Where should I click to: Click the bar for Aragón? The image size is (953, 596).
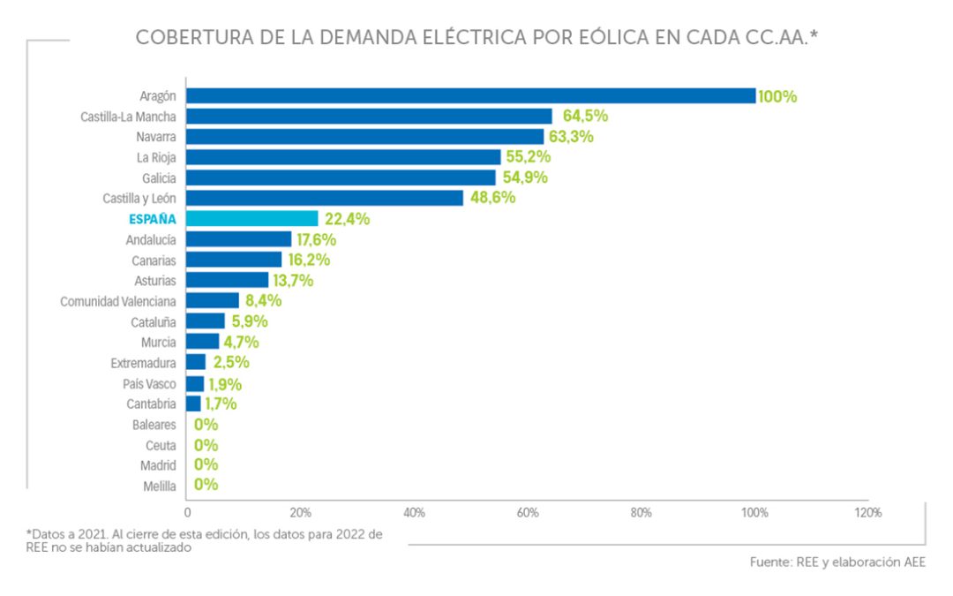point(470,95)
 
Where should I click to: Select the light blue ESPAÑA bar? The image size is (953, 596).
point(252,218)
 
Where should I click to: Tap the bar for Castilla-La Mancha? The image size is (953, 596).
point(369,116)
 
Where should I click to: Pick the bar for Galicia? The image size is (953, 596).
point(341,177)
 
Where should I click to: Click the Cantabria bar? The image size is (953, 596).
point(193,404)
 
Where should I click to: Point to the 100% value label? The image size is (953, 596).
point(777,96)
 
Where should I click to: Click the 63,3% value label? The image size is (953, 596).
point(571,137)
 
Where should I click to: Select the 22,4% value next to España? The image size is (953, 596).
point(346,219)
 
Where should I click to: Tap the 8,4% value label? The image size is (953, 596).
point(263,301)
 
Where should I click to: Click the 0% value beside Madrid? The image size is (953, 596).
point(206,464)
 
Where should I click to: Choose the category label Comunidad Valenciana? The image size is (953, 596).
point(117,301)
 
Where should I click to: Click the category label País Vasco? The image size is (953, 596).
point(149,383)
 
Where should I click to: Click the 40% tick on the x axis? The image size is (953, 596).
point(414,512)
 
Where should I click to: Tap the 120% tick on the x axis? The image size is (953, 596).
point(867,512)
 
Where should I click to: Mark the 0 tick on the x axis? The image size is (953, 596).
point(187,512)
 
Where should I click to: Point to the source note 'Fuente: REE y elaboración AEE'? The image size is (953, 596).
point(837,562)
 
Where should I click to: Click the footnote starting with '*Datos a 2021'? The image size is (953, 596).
point(204,540)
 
